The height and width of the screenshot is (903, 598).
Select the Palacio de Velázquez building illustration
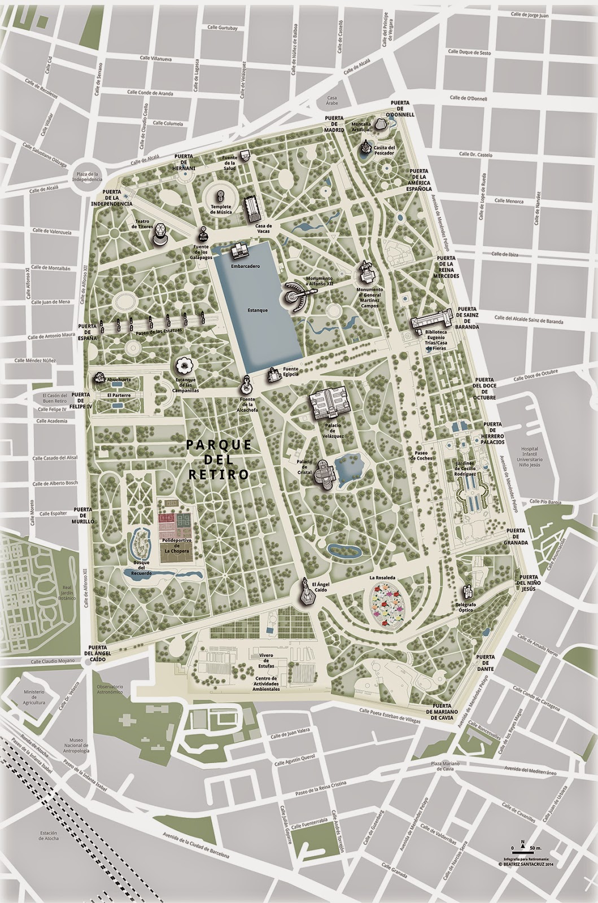point(329,404)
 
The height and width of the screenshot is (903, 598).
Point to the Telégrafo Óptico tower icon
point(467,592)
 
